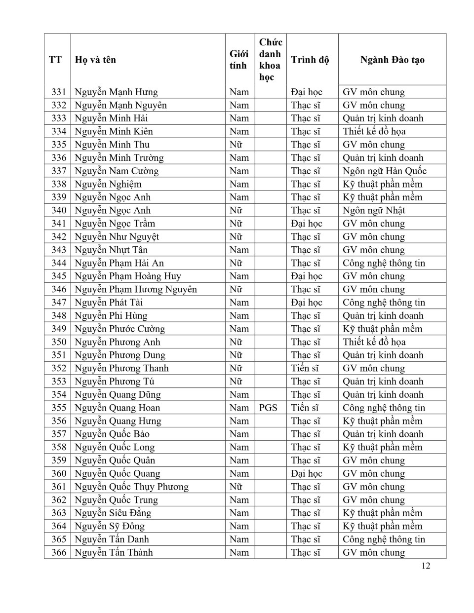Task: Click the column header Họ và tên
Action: point(95,60)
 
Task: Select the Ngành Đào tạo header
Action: point(392,60)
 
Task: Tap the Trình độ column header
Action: point(310,60)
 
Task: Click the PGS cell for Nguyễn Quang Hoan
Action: point(268,408)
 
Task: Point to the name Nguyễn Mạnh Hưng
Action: point(116,92)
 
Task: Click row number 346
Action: point(58,289)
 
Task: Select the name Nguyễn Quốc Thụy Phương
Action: point(131,487)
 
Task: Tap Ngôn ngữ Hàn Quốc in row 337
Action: point(384,171)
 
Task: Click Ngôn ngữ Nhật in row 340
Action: point(374,210)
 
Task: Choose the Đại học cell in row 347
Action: point(306,303)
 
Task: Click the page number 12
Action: point(426,566)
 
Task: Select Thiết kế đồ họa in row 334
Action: point(374,131)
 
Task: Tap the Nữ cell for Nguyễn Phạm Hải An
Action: point(236,263)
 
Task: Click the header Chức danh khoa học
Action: point(270,60)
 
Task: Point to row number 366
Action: point(58,552)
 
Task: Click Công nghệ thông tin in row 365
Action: point(384,539)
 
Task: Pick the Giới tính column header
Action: point(239,60)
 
